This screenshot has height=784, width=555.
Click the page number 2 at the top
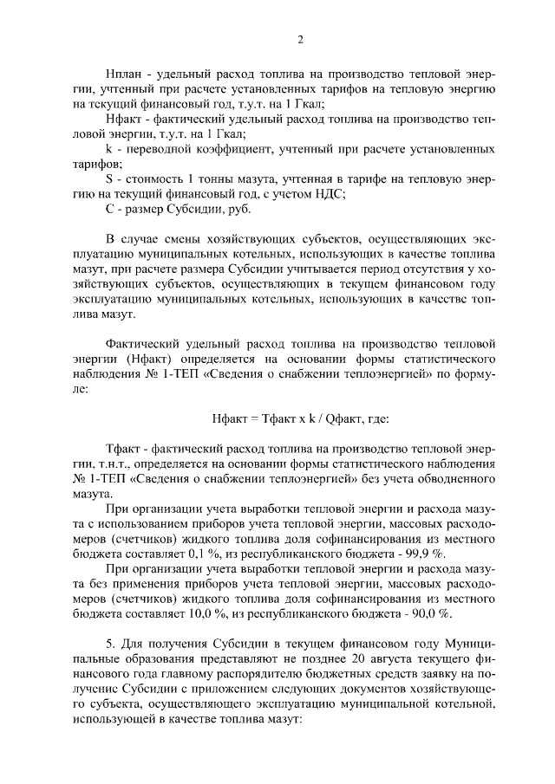point(300,39)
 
